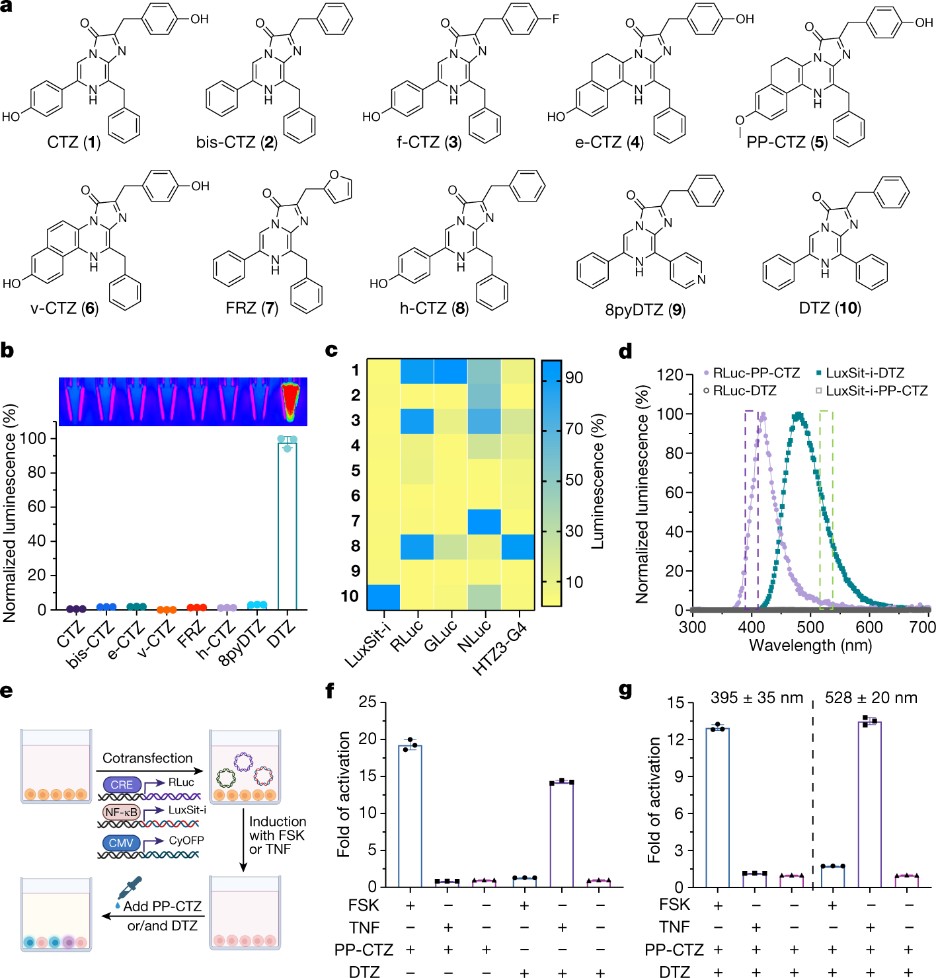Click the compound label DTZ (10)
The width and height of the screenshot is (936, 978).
click(x=830, y=308)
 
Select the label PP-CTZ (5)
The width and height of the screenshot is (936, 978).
click(x=787, y=142)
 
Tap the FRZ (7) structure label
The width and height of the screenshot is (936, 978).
click(x=252, y=308)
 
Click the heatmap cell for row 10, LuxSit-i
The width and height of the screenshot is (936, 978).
click(x=383, y=597)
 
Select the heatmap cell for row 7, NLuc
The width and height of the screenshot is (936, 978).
click(x=484, y=521)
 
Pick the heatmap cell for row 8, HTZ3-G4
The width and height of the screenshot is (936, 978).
click(x=518, y=546)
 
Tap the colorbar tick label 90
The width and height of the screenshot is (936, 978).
click(x=574, y=377)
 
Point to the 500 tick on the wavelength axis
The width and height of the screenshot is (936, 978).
click(x=810, y=627)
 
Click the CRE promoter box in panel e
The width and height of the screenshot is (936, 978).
click(x=122, y=784)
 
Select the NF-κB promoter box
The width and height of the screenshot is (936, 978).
click(x=122, y=812)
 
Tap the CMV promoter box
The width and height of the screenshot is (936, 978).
click(x=121, y=843)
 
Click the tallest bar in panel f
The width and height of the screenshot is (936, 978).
click(x=410, y=815)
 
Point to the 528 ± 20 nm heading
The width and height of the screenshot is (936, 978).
click(x=871, y=698)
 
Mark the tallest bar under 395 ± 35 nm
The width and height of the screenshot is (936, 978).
click(x=717, y=807)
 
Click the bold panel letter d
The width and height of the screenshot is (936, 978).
click(x=625, y=351)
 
